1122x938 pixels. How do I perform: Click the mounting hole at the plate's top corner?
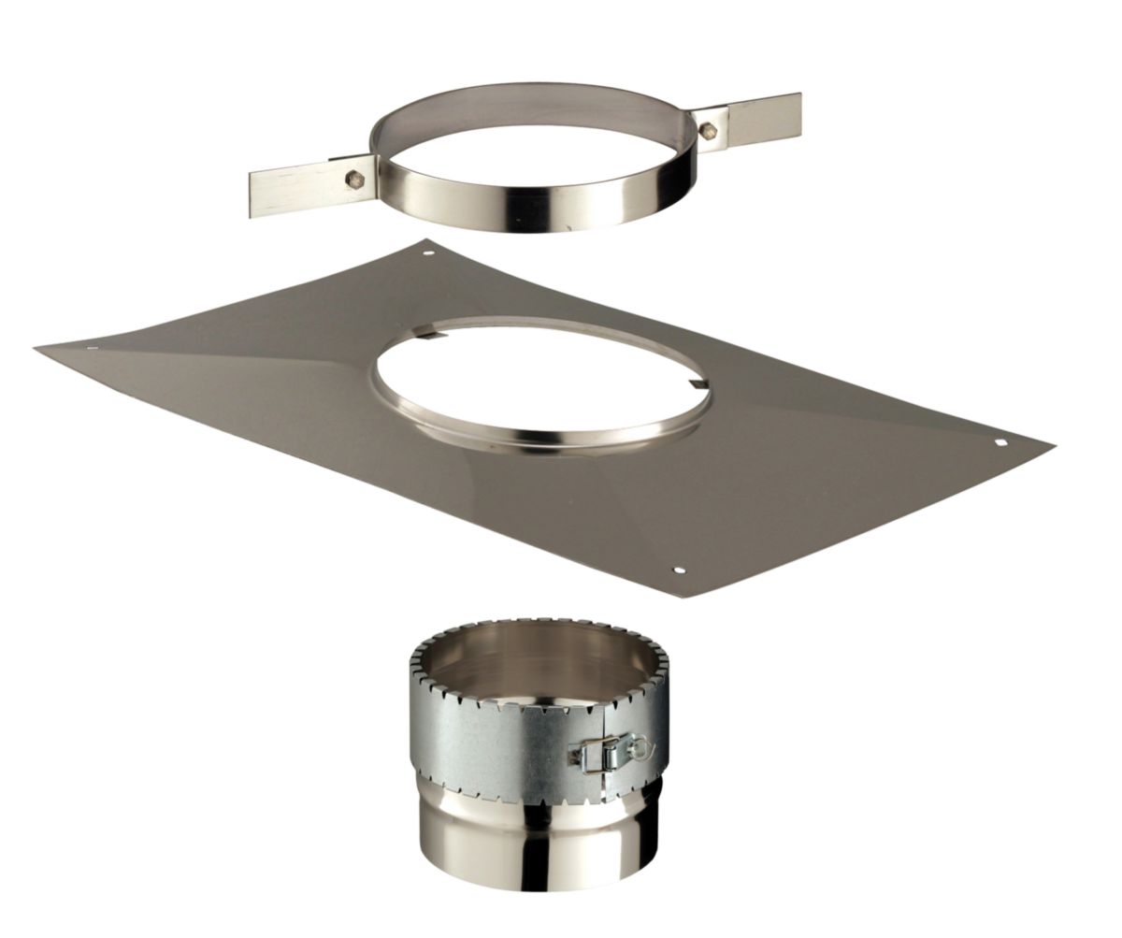[x=427, y=251]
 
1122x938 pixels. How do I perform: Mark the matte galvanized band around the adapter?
[x=486, y=729]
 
